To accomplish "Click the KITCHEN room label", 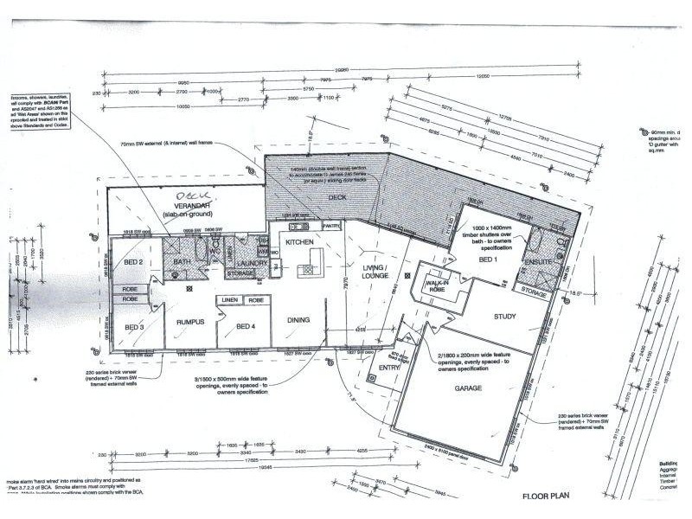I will (x=299, y=242).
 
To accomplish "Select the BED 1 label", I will (x=490, y=259).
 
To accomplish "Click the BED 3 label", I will (x=134, y=327).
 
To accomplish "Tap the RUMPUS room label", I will (x=190, y=322).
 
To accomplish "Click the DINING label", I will (x=299, y=321).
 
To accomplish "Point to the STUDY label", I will (x=504, y=317).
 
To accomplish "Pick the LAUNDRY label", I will (x=253, y=262).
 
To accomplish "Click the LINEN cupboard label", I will (x=228, y=300).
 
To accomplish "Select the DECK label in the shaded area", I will (x=336, y=197).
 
